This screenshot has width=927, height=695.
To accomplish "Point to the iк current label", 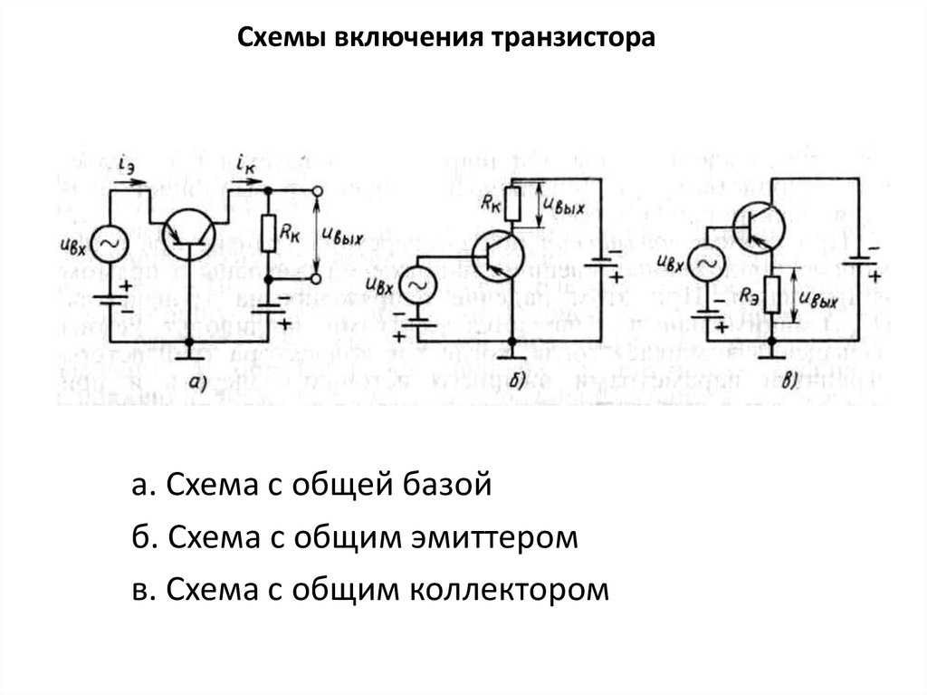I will [x=244, y=165].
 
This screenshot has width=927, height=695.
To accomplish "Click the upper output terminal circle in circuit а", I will [x=318, y=191].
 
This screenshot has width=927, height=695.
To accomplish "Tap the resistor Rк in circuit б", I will [x=513, y=204].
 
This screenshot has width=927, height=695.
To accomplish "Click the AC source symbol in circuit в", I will [x=705, y=262].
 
